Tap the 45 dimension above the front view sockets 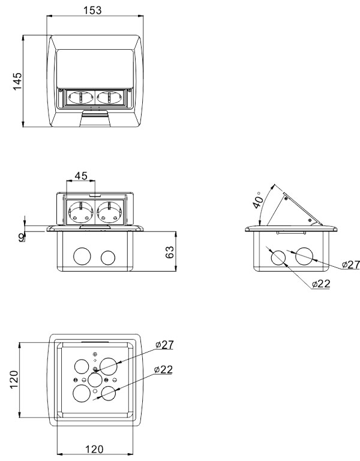[x=81, y=176]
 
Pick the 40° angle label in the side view [x=259, y=201]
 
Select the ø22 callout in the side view [x=321, y=284]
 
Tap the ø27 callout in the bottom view [x=164, y=345]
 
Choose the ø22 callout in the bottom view [x=163, y=369]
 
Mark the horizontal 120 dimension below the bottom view [x=94, y=449]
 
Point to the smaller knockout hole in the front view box [x=108, y=258]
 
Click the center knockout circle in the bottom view [x=95, y=379]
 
